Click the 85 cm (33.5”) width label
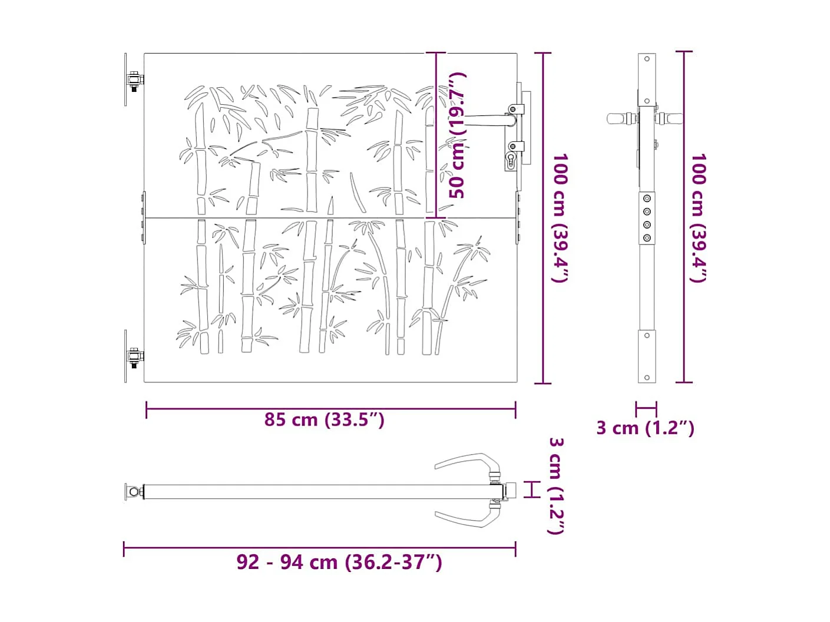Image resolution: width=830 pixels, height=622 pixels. click(324, 420)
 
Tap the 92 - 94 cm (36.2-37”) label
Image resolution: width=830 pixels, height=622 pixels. click(339, 562)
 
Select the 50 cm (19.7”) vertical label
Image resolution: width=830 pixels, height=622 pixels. click(457, 135)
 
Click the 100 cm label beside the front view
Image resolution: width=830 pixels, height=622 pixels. click(560, 218)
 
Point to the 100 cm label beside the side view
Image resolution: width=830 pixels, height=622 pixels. click(699, 218)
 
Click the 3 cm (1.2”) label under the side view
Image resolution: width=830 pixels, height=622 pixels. click(645, 428)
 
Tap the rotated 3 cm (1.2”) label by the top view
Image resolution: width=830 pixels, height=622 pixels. click(556, 486)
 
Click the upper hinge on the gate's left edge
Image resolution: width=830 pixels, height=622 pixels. click(134, 80)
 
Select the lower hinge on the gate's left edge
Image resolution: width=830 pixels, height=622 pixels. click(134, 356)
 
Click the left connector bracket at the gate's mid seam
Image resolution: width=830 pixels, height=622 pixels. click(143, 217)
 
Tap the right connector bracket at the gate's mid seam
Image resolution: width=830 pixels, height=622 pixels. click(518, 217)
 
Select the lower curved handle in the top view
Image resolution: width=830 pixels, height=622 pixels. click(468, 518)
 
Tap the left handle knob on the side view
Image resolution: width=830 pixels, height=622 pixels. click(616, 118)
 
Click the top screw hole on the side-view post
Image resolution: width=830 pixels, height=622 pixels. click(647, 59)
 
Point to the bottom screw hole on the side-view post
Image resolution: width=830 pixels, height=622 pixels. click(647, 377)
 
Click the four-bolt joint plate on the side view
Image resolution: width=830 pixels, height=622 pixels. click(647, 218)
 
